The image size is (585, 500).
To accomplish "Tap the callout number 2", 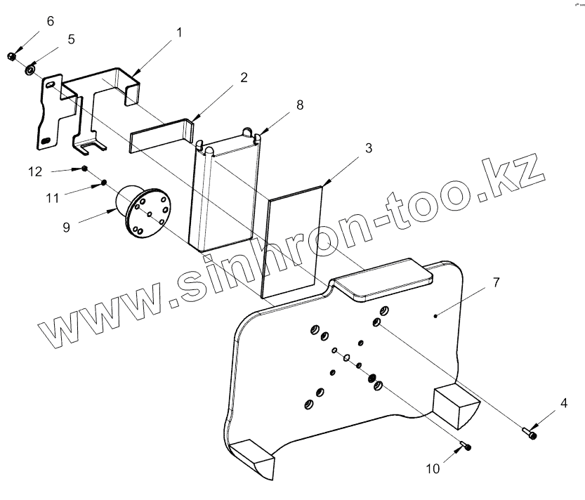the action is (x=243, y=77).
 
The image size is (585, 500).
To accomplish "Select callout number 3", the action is (x=368, y=149).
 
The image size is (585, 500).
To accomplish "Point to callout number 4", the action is (x=563, y=404).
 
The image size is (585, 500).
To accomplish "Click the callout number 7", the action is (x=496, y=282).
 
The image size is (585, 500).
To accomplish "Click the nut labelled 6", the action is (x=12, y=55).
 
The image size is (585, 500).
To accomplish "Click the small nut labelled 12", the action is (x=84, y=169).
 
